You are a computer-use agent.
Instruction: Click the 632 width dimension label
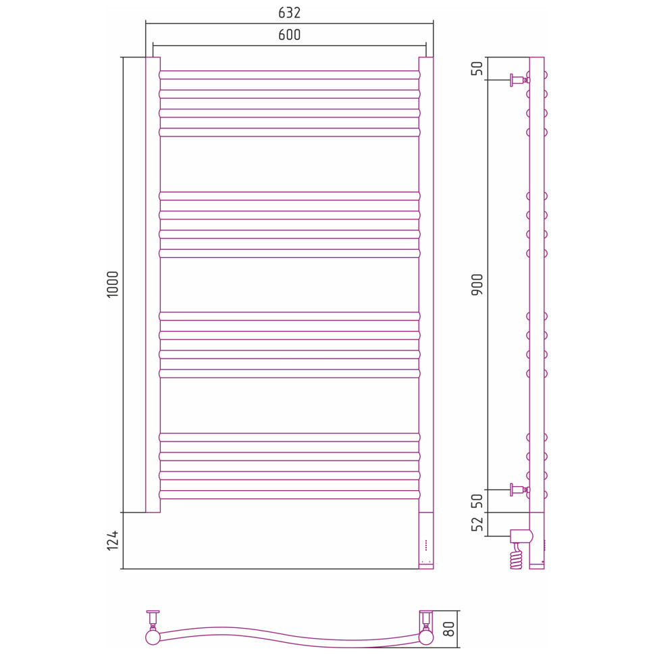[289, 13]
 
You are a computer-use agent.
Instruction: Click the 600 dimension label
[289, 34]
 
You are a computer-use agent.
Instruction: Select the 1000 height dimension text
[113, 284]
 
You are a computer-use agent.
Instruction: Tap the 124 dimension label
[113, 540]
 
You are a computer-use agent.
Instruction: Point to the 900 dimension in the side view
[477, 285]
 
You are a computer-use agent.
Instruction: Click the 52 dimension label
[477, 524]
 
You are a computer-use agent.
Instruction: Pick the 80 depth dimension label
[448, 629]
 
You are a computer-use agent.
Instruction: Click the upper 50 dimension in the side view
[477, 68]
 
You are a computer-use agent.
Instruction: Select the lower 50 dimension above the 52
[477, 501]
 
